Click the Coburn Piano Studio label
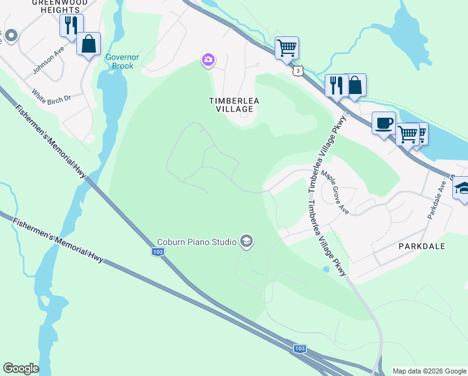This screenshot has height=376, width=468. (x=196, y=242)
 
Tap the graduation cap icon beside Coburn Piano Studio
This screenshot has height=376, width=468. (x=247, y=242)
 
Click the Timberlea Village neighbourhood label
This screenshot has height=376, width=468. (x=231, y=104)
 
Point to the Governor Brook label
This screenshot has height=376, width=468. (x=119, y=61)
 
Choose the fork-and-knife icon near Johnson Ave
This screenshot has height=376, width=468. (x=71, y=25)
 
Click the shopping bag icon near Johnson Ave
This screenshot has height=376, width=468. (x=88, y=44)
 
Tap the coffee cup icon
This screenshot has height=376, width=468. (x=383, y=122)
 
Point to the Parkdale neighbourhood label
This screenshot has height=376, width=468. (x=422, y=246)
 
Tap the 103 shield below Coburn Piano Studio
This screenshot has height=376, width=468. (x=158, y=251)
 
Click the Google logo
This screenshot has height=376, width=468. (x=21, y=368)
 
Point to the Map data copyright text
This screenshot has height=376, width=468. (x=429, y=371)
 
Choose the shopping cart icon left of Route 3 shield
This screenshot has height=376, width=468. (x=287, y=47)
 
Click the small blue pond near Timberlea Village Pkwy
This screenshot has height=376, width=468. (x=326, y=269)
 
